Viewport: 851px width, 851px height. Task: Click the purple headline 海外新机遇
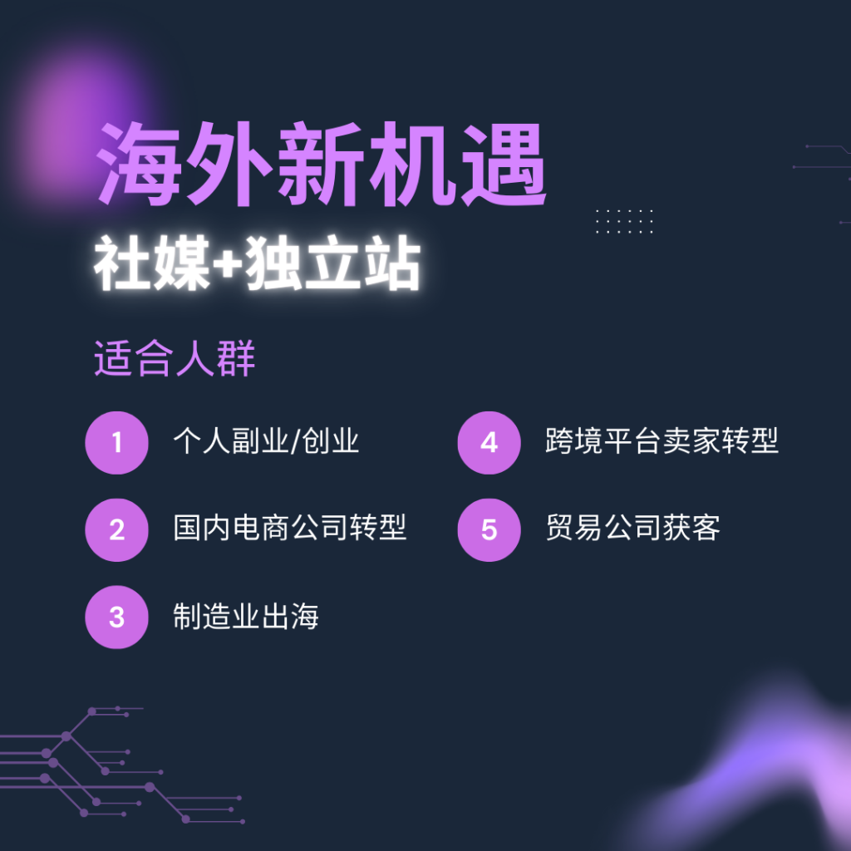pos(321,164)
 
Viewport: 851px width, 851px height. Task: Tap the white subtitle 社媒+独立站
pos(258,263)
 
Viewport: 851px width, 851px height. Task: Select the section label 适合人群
pos(175,358)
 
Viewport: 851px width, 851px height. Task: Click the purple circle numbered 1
pos(116,443)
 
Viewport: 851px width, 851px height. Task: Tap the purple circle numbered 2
pos(116,529)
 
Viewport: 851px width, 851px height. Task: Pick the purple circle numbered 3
pos(116,617)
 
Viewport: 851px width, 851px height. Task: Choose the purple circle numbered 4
pos(489,443)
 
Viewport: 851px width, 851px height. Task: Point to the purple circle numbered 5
pos(489,529)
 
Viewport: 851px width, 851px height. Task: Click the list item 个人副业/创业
pos(266,440)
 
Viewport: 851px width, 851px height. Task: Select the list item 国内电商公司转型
pos(290,528)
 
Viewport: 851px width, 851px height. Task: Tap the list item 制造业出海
pos(246,616)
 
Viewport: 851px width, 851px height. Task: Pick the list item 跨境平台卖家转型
pos(662,440)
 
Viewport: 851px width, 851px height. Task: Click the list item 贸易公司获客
pos(632,528)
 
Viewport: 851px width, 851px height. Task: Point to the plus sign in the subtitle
pos(228,263)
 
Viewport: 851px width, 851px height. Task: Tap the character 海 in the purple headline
pos(140,164)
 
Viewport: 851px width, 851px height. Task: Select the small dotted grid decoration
pos(624,221)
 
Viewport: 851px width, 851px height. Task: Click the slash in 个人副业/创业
pos(295,440)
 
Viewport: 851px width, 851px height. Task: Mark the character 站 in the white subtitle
pos(393,263)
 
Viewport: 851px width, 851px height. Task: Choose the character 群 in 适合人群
pos(236,358)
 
